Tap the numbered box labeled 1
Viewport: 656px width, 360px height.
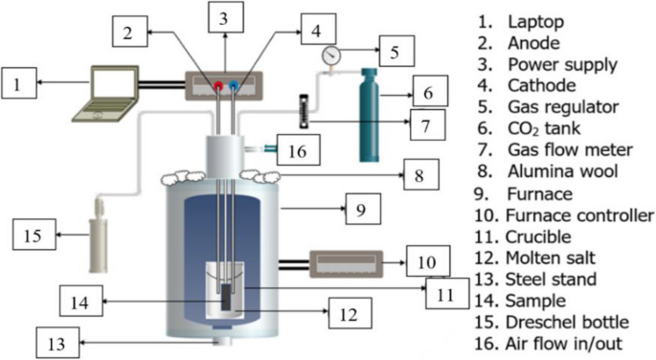[x=21, y=86]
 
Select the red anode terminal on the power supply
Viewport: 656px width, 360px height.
[x=219, y=85]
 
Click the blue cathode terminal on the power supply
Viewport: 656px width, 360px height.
[x=236, y=85]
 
